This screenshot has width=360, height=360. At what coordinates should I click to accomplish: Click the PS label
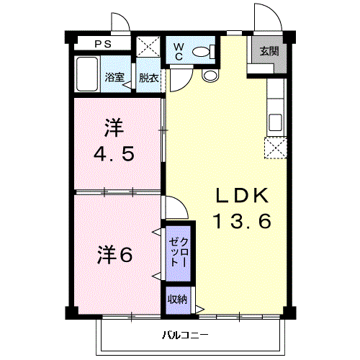103,44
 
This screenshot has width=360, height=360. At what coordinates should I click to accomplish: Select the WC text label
179,52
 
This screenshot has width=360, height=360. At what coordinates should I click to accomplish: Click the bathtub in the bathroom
87,74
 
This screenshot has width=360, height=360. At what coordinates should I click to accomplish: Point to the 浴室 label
114,77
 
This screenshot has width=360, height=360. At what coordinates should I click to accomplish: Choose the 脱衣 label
148,78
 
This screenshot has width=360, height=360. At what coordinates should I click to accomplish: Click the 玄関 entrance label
269,51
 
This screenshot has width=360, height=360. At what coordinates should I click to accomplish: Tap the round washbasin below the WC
210,76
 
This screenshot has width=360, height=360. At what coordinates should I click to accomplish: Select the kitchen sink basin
275,122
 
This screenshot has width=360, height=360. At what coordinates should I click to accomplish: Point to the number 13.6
243,221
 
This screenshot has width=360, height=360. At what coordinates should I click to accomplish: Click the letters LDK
242,195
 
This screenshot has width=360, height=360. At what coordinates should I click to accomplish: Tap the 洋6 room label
114,255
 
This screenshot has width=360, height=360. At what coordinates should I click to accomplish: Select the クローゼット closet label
179,253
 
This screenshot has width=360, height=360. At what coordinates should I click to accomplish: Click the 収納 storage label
177,300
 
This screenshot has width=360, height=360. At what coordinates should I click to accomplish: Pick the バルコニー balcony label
185,335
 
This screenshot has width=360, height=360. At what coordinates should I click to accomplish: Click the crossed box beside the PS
148,47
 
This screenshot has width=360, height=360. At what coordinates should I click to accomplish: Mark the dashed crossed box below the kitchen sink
276,148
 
